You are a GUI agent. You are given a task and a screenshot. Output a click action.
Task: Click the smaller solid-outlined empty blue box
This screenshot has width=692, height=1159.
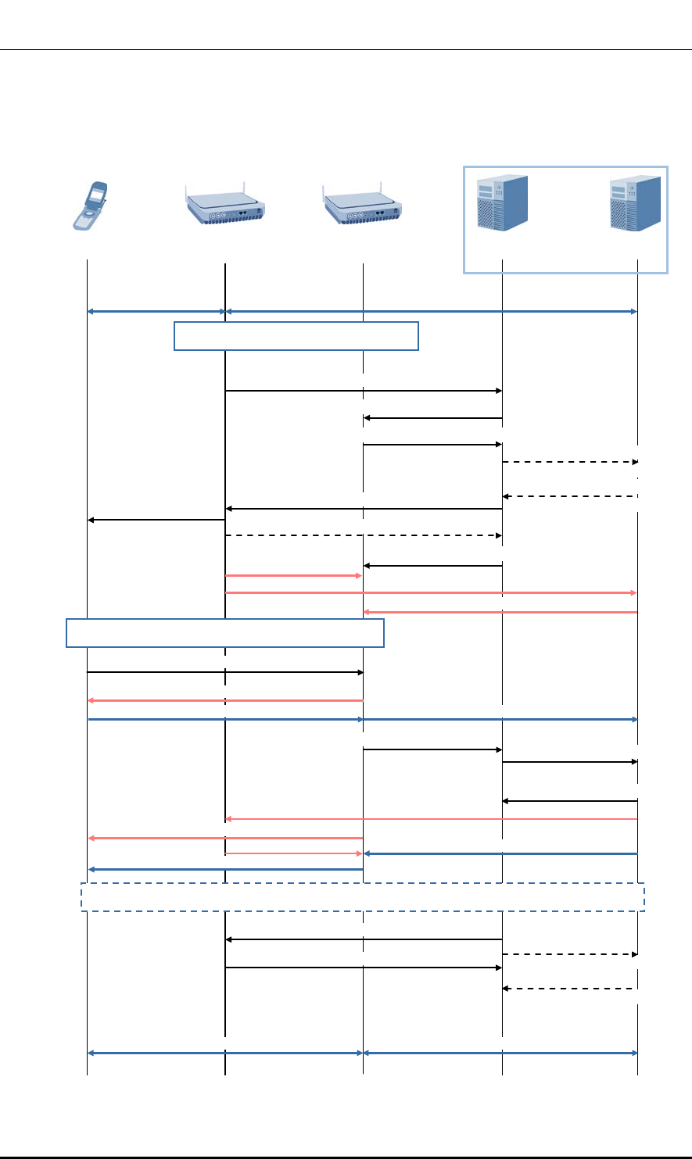(x=296, y=335)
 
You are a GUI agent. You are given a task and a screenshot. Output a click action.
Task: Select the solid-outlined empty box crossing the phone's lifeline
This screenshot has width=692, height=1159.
(x=225, y=633)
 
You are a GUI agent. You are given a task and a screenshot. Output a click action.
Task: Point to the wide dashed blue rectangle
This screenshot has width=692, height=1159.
(x=363, y=897)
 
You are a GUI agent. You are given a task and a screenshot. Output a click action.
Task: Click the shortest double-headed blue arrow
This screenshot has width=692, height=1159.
(x=156, y=312)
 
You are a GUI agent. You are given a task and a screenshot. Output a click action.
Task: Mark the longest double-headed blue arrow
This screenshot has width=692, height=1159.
(x=432, y=312)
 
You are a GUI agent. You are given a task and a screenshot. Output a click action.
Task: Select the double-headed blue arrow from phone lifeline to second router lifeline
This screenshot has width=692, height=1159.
(x=225, y=1053)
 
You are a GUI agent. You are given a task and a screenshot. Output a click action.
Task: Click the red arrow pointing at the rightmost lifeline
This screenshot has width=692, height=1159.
(x=432, y=593)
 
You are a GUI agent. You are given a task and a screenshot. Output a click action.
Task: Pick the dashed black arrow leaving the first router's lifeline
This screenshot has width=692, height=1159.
(x=363, y=535)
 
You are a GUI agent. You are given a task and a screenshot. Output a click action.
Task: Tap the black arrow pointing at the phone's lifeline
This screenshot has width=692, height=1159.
(x=156, y=520)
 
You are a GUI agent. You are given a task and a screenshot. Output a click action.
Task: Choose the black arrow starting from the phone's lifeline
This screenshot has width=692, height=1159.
(x=225, y=672)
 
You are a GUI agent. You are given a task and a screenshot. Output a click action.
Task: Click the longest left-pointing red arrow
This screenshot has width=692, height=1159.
(x=432, y=819)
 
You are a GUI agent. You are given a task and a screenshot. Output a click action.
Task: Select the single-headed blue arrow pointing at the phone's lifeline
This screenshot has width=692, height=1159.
(x=225, y=869)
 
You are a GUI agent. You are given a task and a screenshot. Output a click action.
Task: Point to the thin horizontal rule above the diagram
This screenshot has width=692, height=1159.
(x=346, y=51)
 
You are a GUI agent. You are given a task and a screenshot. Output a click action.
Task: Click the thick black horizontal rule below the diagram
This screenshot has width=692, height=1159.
(x=346, y=1157)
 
